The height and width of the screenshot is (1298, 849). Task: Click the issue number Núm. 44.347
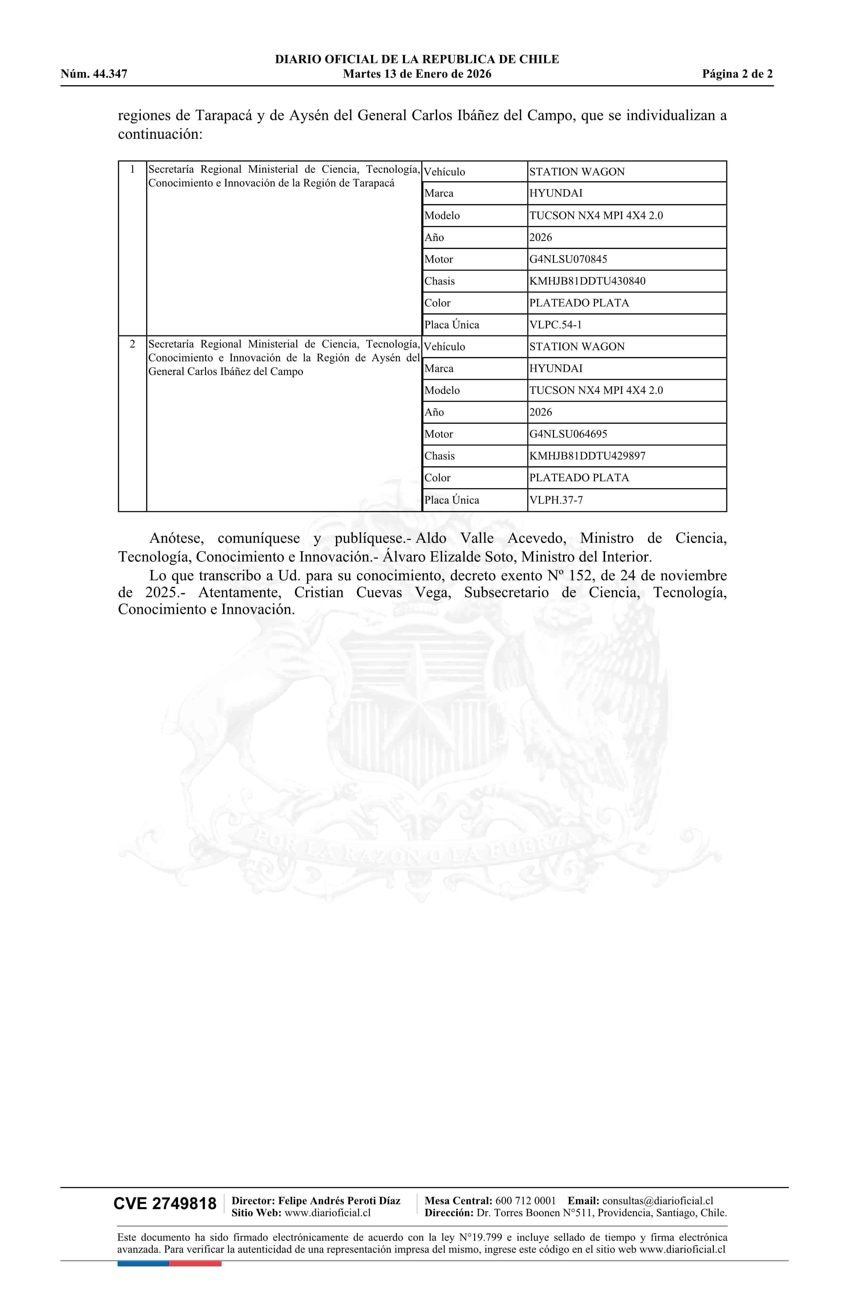[94, 74]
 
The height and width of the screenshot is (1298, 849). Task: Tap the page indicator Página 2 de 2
[737, 74]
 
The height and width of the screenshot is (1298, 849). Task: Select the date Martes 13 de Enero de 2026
[417, 74]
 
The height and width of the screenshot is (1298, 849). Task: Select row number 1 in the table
[132, 170]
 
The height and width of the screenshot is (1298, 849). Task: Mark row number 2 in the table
[132, 344]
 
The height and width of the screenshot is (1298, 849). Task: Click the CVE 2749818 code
[165, 1204]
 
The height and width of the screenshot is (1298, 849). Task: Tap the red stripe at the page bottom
[195, 1264]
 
